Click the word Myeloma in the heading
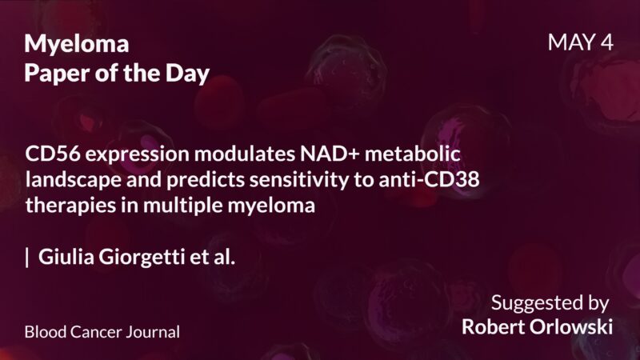[76, 43]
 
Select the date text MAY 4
[581, 42]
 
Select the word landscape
[67, 179]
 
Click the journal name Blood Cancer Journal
[102, 330]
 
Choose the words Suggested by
[550, 303]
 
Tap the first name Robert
[492, 327]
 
